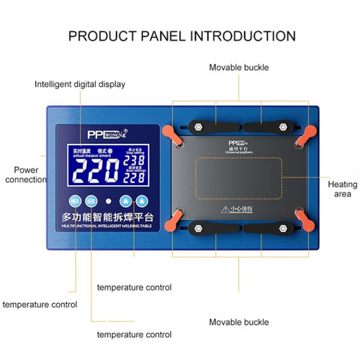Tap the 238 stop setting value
pyautogui.click(x=134, y=163)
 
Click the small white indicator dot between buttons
pyautogui.click(x=108, y=201)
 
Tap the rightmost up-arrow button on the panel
pyautogui.click(x=142, y=201)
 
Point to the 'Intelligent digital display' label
pyautogui.click(x=80, y=84)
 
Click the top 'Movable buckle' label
pyautogui.click(x=238, y=68)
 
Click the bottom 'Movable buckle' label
pyautogui.click(x=238, y=322)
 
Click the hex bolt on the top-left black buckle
pyautogui.click(x=200, y=126)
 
